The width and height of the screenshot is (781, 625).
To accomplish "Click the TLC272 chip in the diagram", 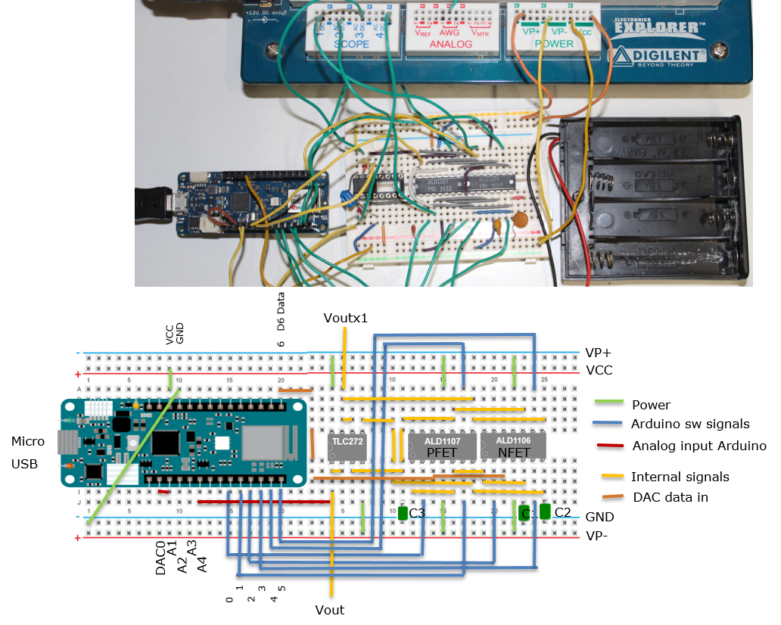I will (x=347, y=446).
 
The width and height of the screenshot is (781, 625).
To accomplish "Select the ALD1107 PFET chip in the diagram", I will (x=443, y=446).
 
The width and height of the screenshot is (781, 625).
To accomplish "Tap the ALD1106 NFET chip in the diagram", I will (x=513, y=446).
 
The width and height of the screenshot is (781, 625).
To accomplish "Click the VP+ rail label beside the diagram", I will (x=599, y=353).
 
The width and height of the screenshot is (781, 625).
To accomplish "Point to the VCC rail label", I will (x=599, y=371).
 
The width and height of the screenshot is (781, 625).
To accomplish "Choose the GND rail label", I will (x=599, y=518).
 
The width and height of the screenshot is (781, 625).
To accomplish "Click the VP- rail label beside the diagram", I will (x=598, y=536).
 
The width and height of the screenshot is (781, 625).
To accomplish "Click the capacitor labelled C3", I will (x=403, y=514).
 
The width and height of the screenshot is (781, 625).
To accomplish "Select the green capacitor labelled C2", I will (x=545, y=512).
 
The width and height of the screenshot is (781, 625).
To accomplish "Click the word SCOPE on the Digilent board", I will (x=352, y=44).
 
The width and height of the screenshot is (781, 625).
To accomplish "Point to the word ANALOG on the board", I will (x=450, y=44).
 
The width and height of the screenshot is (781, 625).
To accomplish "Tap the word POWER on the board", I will (x=554, y=44).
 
